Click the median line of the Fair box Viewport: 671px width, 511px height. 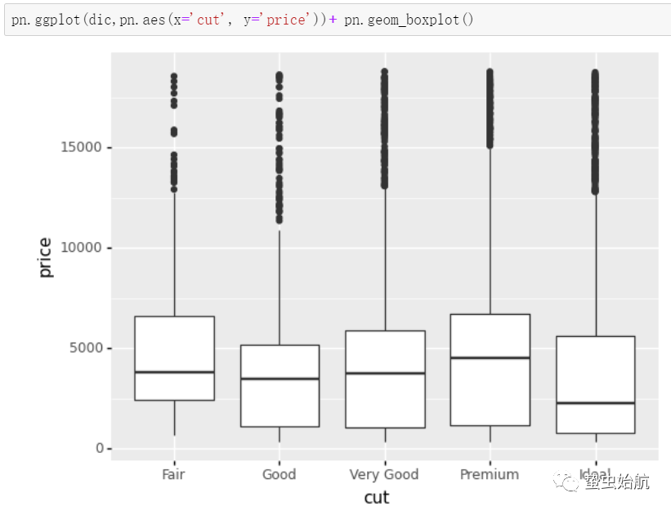(x=174, y=372)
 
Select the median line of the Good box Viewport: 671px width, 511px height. (x=280, y=379)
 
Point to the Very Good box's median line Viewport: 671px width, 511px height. (x=385, y=373)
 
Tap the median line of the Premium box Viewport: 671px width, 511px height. (x=490, y=357)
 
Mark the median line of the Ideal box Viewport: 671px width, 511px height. (x=595, y=403)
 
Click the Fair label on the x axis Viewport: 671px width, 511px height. (x=174, y=474)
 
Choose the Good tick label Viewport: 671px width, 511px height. (x=280, y=474)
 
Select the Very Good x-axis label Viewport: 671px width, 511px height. (x=384, y=474)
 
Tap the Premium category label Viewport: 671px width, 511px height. (x=490, y=474)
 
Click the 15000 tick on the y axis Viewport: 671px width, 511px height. (x=81, y=147)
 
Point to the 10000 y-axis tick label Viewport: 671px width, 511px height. (x=81, y=248)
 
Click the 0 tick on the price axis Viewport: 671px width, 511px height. (x=100, y=449)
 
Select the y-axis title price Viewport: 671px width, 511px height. (x=46, y=258)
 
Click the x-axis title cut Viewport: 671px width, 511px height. (x=377, y=497)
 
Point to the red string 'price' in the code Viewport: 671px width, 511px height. (x=284, y=19)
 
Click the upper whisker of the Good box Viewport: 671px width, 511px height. (x=280, y=286)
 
